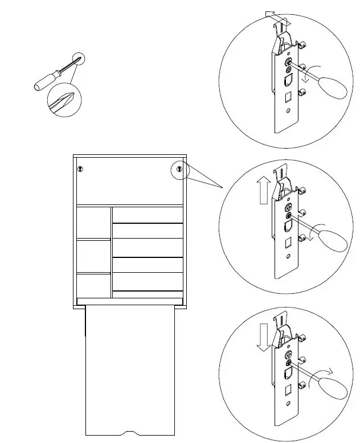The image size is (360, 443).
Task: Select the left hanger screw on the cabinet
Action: (x=80, y=169)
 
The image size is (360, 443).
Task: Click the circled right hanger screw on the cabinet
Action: (x=179, y=169)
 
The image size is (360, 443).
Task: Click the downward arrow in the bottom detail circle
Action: (x=263, y=338)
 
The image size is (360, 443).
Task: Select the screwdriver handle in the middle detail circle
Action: (x=333, y=239)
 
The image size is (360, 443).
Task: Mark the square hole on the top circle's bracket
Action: (x=288, y=95)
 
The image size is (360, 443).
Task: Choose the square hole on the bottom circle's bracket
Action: (x=288, y=391)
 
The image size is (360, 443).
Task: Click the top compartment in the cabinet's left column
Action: (x=93, y=223)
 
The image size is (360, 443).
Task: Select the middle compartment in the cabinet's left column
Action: (x=93, y=256)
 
